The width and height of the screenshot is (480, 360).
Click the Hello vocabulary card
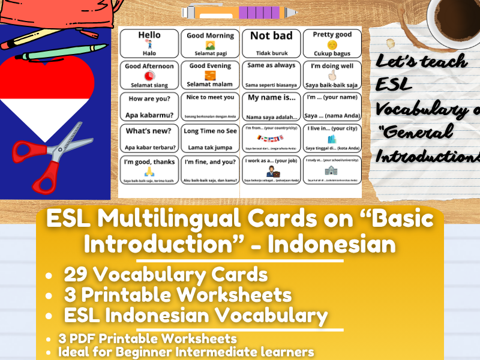pyautogui.click(x=149, y=44)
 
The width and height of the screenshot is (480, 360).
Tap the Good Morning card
pyautogui.click(x=210, y=44)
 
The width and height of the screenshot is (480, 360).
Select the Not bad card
pyautogui.click(x=271, y=44)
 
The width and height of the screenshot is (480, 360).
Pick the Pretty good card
pyautogui.click(x=332, y=44)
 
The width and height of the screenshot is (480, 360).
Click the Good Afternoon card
pyautogui.click(x=149, y=75)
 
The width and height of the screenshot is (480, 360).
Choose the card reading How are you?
pyautogui.click(x=149, y=106)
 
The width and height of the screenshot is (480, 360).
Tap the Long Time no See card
pyautogui.click(x=210, y=138)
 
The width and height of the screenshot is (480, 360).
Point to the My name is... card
pyautogui.click(x=271, y=106)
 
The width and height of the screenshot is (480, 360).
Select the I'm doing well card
pyautogui.click(x=332, y=75)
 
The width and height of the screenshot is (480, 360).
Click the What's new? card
pyautogui.click(x=149, y=138)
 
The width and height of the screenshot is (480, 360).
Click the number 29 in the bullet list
pyautogui.click(x=76, y=275)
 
